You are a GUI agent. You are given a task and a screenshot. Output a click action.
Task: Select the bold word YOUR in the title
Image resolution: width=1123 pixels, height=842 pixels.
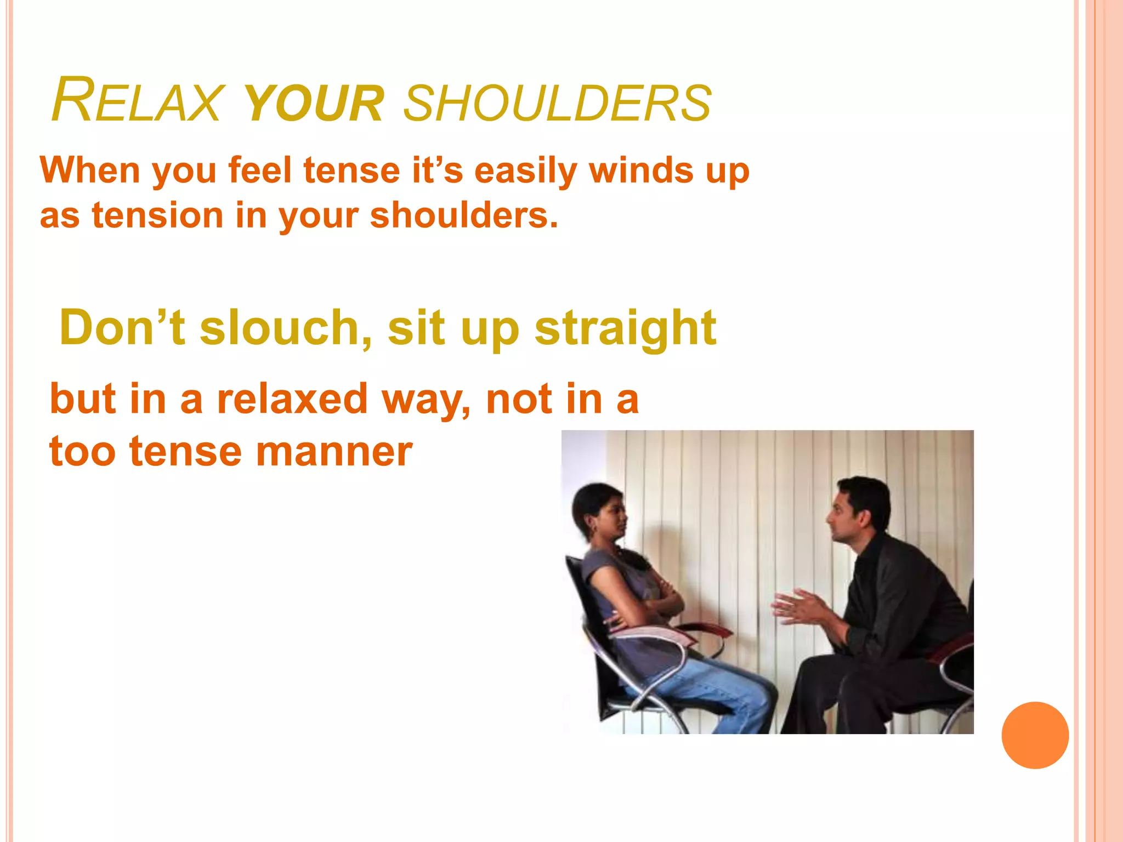313,104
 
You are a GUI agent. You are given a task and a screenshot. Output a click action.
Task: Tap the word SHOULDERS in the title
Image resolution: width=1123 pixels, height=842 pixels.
557,104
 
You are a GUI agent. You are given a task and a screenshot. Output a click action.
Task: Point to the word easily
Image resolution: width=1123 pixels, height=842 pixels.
525,171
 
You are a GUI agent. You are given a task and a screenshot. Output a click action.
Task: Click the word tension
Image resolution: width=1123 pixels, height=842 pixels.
157,215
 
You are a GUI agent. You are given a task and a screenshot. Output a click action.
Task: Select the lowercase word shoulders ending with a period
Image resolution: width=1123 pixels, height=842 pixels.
464,215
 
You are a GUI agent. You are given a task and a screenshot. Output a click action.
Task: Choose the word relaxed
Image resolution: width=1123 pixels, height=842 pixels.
292,399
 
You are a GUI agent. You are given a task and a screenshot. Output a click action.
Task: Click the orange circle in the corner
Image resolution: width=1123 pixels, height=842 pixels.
1035,735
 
